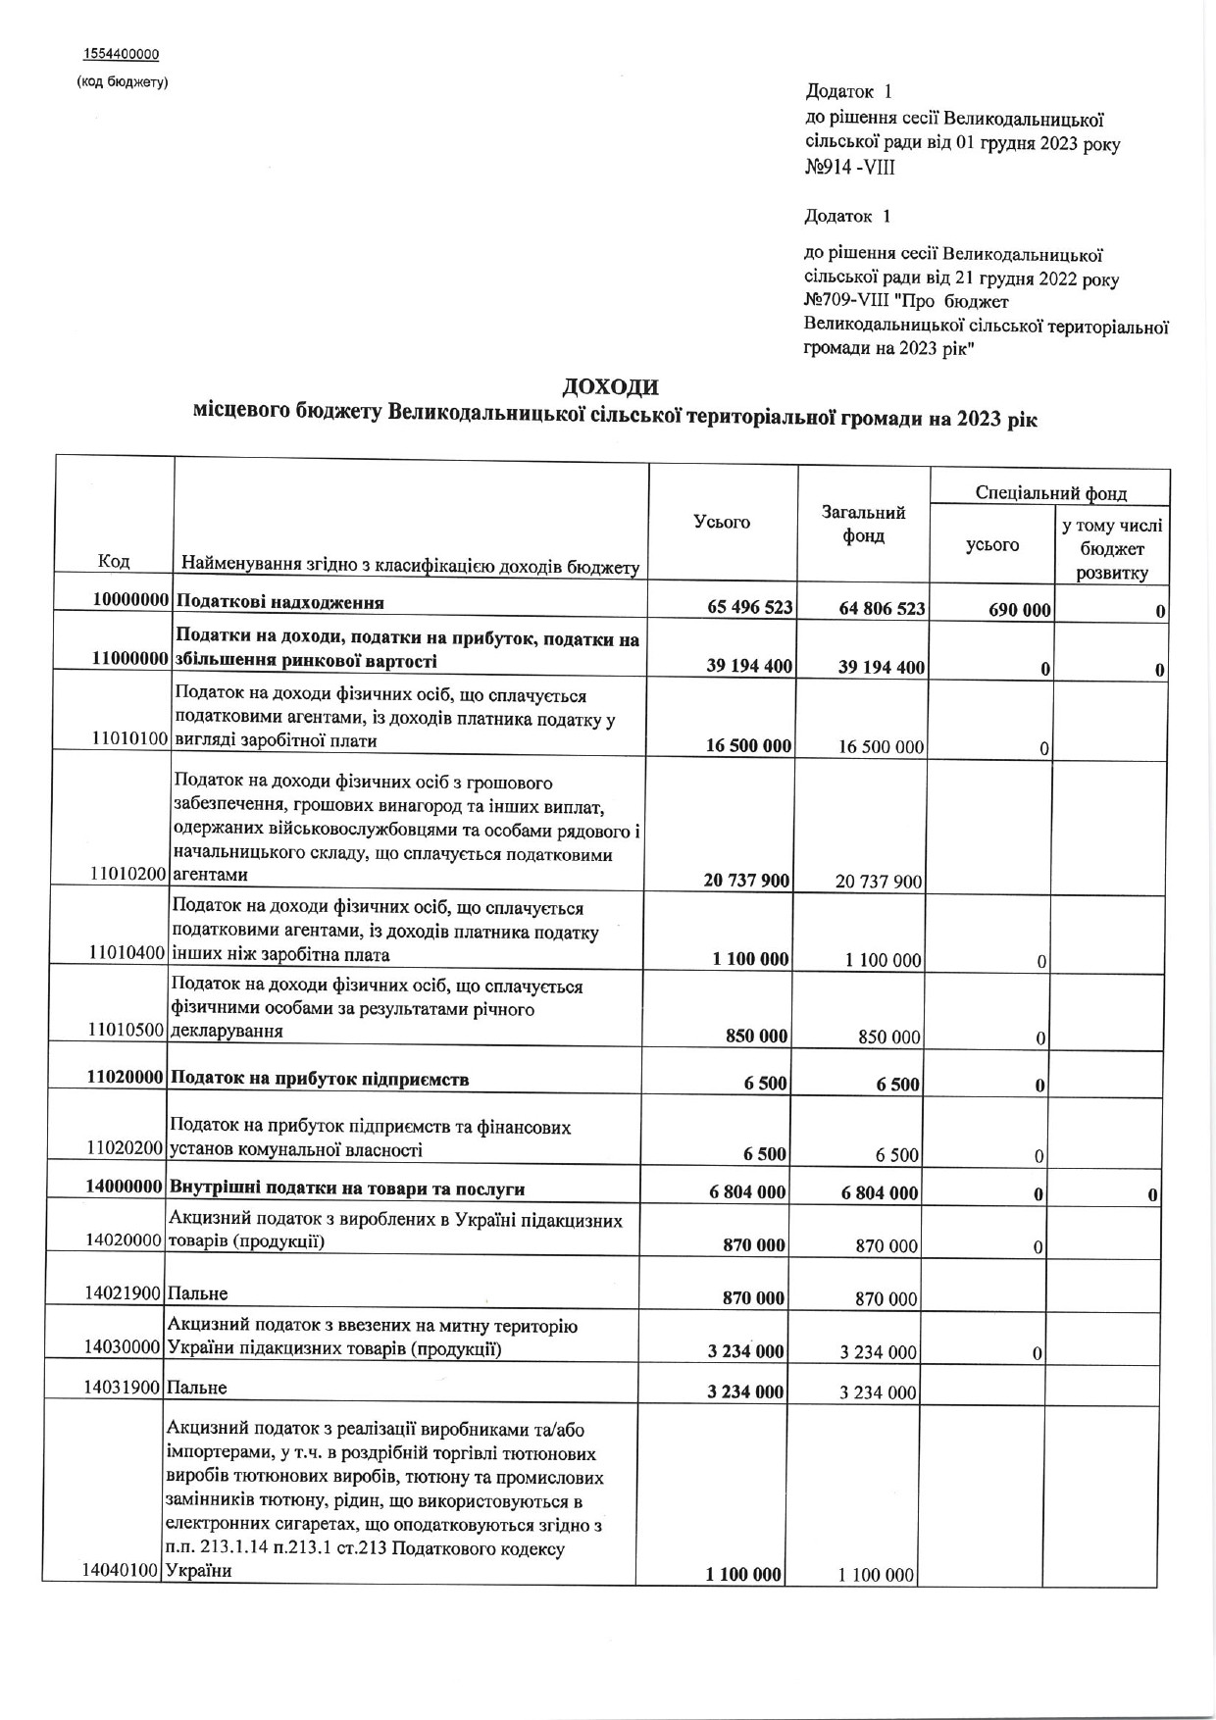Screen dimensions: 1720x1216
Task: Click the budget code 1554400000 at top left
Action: coord(122,54)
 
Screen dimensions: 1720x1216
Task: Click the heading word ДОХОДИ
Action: coord(609,386)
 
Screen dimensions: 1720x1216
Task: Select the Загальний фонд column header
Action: coord(863,525)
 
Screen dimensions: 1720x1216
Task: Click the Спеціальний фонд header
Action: coord(1050,493)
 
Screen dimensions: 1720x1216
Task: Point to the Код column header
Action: coord(114,561)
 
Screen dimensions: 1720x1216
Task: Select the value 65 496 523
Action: coord(749,608)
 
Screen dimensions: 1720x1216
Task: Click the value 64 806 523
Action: coord(882,608)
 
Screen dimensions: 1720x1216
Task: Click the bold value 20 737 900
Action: coord(746,881)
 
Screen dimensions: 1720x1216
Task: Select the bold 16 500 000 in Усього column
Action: coord(748,746)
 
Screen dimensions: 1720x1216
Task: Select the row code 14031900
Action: coord(123,1388)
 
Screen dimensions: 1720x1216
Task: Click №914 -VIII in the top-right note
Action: coord(849,168)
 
